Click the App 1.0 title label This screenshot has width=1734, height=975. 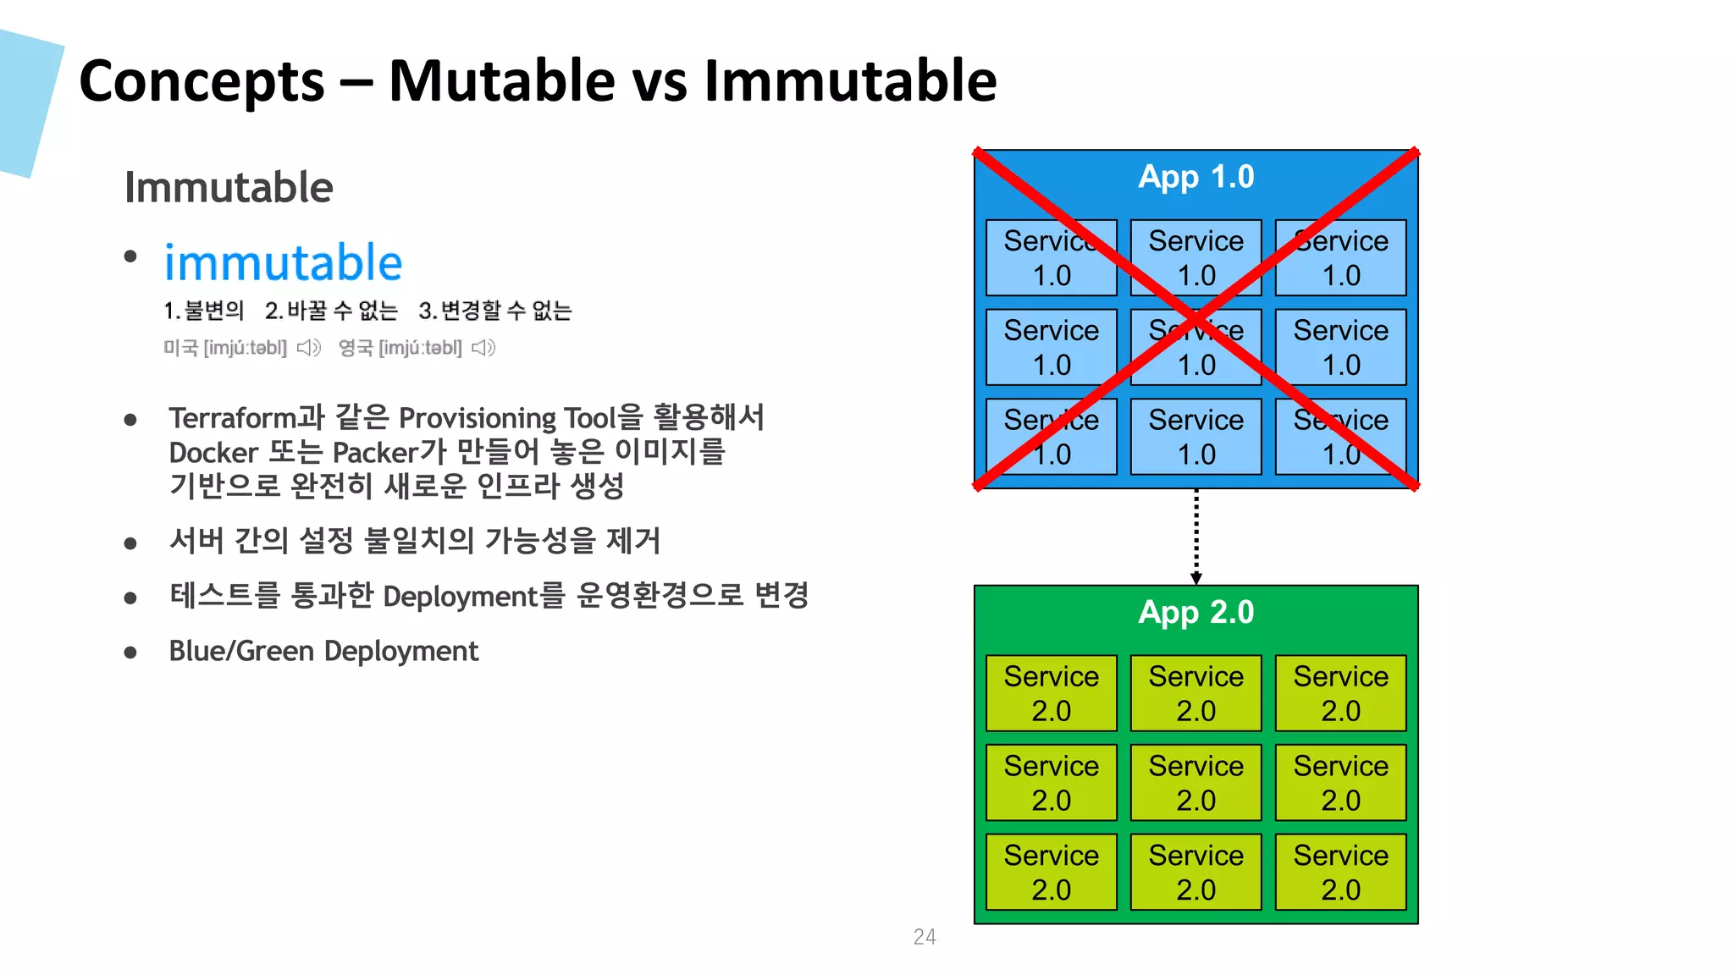tap(1196, 177)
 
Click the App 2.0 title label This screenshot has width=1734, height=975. tap(1196, 612)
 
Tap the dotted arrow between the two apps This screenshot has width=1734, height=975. tap(1196, 537)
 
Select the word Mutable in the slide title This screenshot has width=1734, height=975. tap(502, 81)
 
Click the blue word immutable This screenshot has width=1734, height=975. tap(283, 262)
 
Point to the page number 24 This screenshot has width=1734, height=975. tap(925, 937)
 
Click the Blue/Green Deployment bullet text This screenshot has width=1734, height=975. tap(323, 651)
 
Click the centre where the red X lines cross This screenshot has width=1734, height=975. tap(1196, 320)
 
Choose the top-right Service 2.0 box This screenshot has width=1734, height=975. tap(1340, 693)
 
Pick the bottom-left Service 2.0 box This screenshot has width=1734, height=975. tap(1051, 872)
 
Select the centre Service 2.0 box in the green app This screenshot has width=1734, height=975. tap(1196, 783)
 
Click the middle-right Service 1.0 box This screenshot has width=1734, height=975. tap(1340, 347)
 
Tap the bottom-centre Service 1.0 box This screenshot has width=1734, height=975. tap(1196, 437)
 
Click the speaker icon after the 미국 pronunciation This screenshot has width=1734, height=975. tap(309, 348)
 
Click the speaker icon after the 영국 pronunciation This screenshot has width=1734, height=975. tap(483, 348)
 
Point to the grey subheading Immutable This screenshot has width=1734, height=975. tap(229, 187)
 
